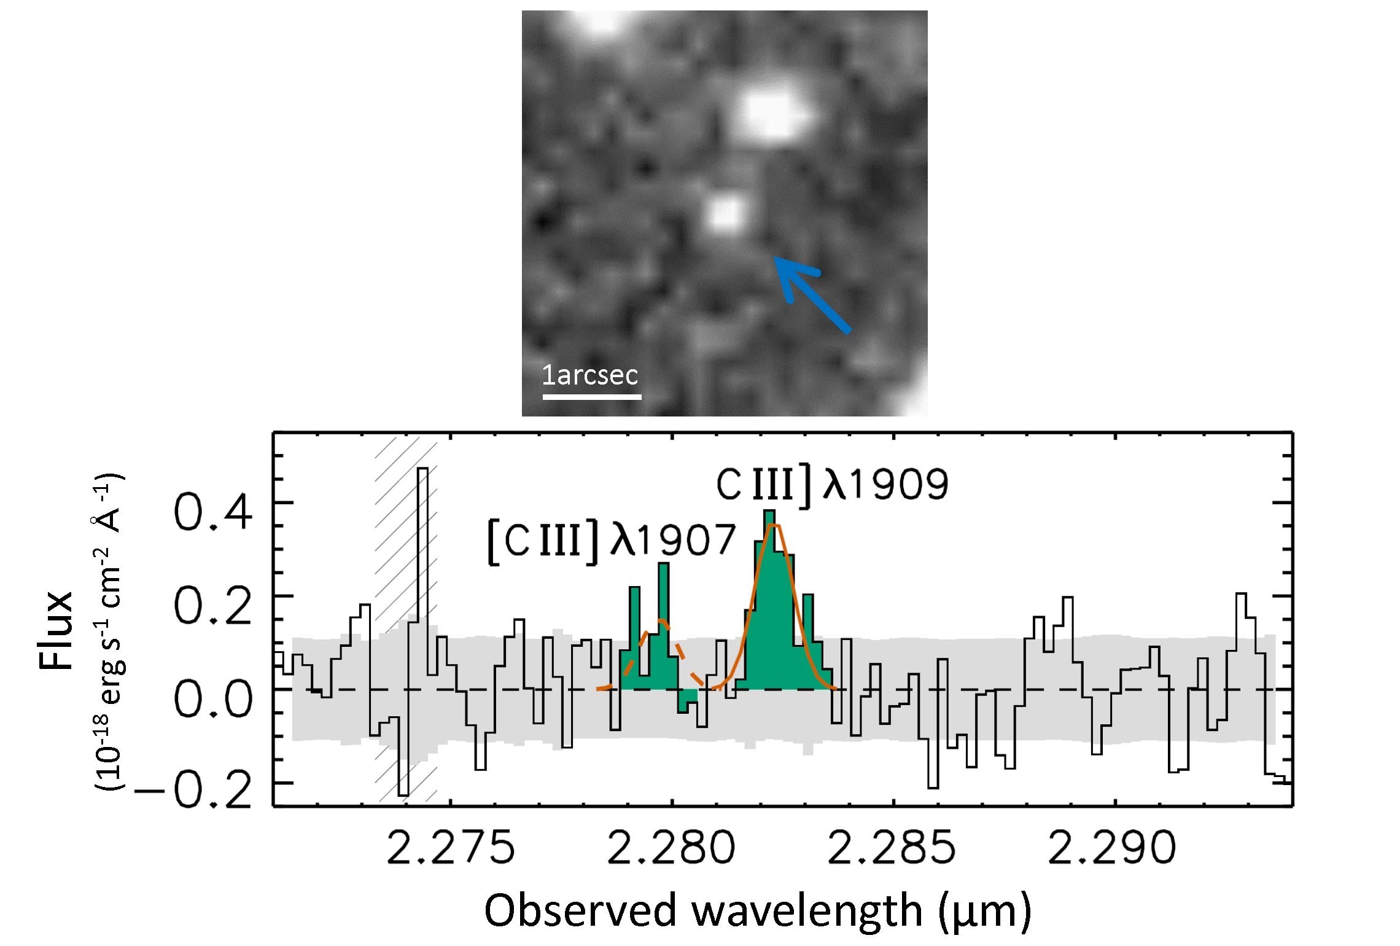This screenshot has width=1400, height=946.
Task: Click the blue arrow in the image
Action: click(x=811, y=295)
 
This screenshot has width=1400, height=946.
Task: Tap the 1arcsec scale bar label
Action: click(x=589, y=375)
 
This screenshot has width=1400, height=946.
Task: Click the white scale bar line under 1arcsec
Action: click(x=592, y=397)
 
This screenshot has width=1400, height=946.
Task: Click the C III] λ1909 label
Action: click(x=832, y=485)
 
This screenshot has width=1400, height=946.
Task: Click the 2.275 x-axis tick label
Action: click(x=451, y=848)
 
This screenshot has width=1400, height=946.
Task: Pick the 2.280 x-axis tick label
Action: click(x=672, y=848)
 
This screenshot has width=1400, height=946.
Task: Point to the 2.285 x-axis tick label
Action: click(x=892, y=848)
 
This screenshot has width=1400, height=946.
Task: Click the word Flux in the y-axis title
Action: click(x=56, y=630)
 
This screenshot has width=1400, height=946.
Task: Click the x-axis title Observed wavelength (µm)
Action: click(x=758, y=911)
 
